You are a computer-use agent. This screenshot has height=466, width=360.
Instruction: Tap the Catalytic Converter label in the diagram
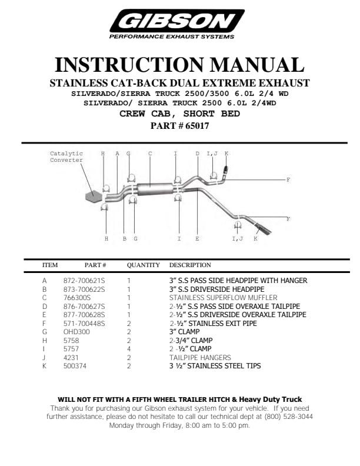[x=66, y=157]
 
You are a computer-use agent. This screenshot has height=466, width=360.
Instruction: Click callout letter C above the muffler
[x=151, y=154]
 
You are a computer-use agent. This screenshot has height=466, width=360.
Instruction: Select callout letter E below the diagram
[x=197, y=239]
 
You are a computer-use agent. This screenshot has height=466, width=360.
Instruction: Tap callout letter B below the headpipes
[x=124, y=239]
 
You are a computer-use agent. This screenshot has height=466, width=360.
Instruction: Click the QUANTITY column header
[x=143, y=265]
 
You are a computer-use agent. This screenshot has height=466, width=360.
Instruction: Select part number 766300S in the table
[x=77, y=298]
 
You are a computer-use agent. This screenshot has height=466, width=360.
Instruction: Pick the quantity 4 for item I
[x=128, y=349]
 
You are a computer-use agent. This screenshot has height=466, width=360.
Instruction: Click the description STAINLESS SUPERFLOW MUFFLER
[x=215, y=298]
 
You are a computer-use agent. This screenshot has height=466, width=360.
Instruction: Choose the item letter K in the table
[x=44, y=366]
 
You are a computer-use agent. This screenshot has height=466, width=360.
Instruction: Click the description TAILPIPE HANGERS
[x=200, y=358]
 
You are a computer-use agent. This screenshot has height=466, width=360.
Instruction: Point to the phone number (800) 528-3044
[x=287, y=416]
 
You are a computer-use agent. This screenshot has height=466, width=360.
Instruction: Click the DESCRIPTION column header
[x=190, y=265]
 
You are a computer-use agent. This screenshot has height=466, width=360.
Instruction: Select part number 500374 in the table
[x=75, y=366]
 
